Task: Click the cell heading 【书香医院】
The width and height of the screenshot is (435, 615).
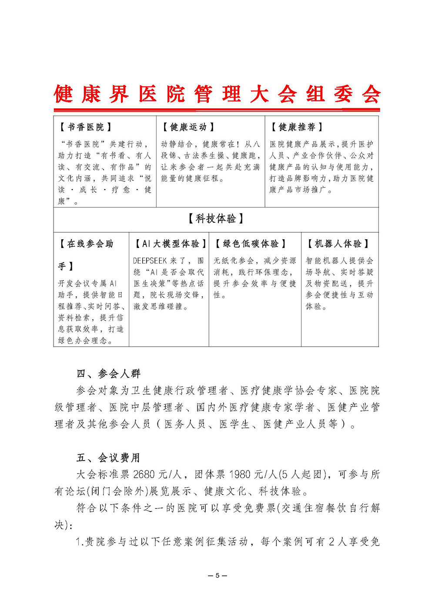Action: (85, 127)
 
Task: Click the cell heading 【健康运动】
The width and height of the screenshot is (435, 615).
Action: (188, 127)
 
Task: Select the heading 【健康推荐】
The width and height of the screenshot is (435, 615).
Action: (297, 127)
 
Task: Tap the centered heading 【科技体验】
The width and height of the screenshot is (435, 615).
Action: (216, 218)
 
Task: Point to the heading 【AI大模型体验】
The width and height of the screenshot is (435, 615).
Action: (170, 244)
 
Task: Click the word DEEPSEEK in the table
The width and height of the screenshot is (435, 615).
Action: (150, 261)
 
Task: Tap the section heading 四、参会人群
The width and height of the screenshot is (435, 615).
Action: (108, 374)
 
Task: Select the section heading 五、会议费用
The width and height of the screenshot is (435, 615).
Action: (108, 458)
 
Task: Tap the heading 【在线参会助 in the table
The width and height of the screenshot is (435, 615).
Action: (86, 244)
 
